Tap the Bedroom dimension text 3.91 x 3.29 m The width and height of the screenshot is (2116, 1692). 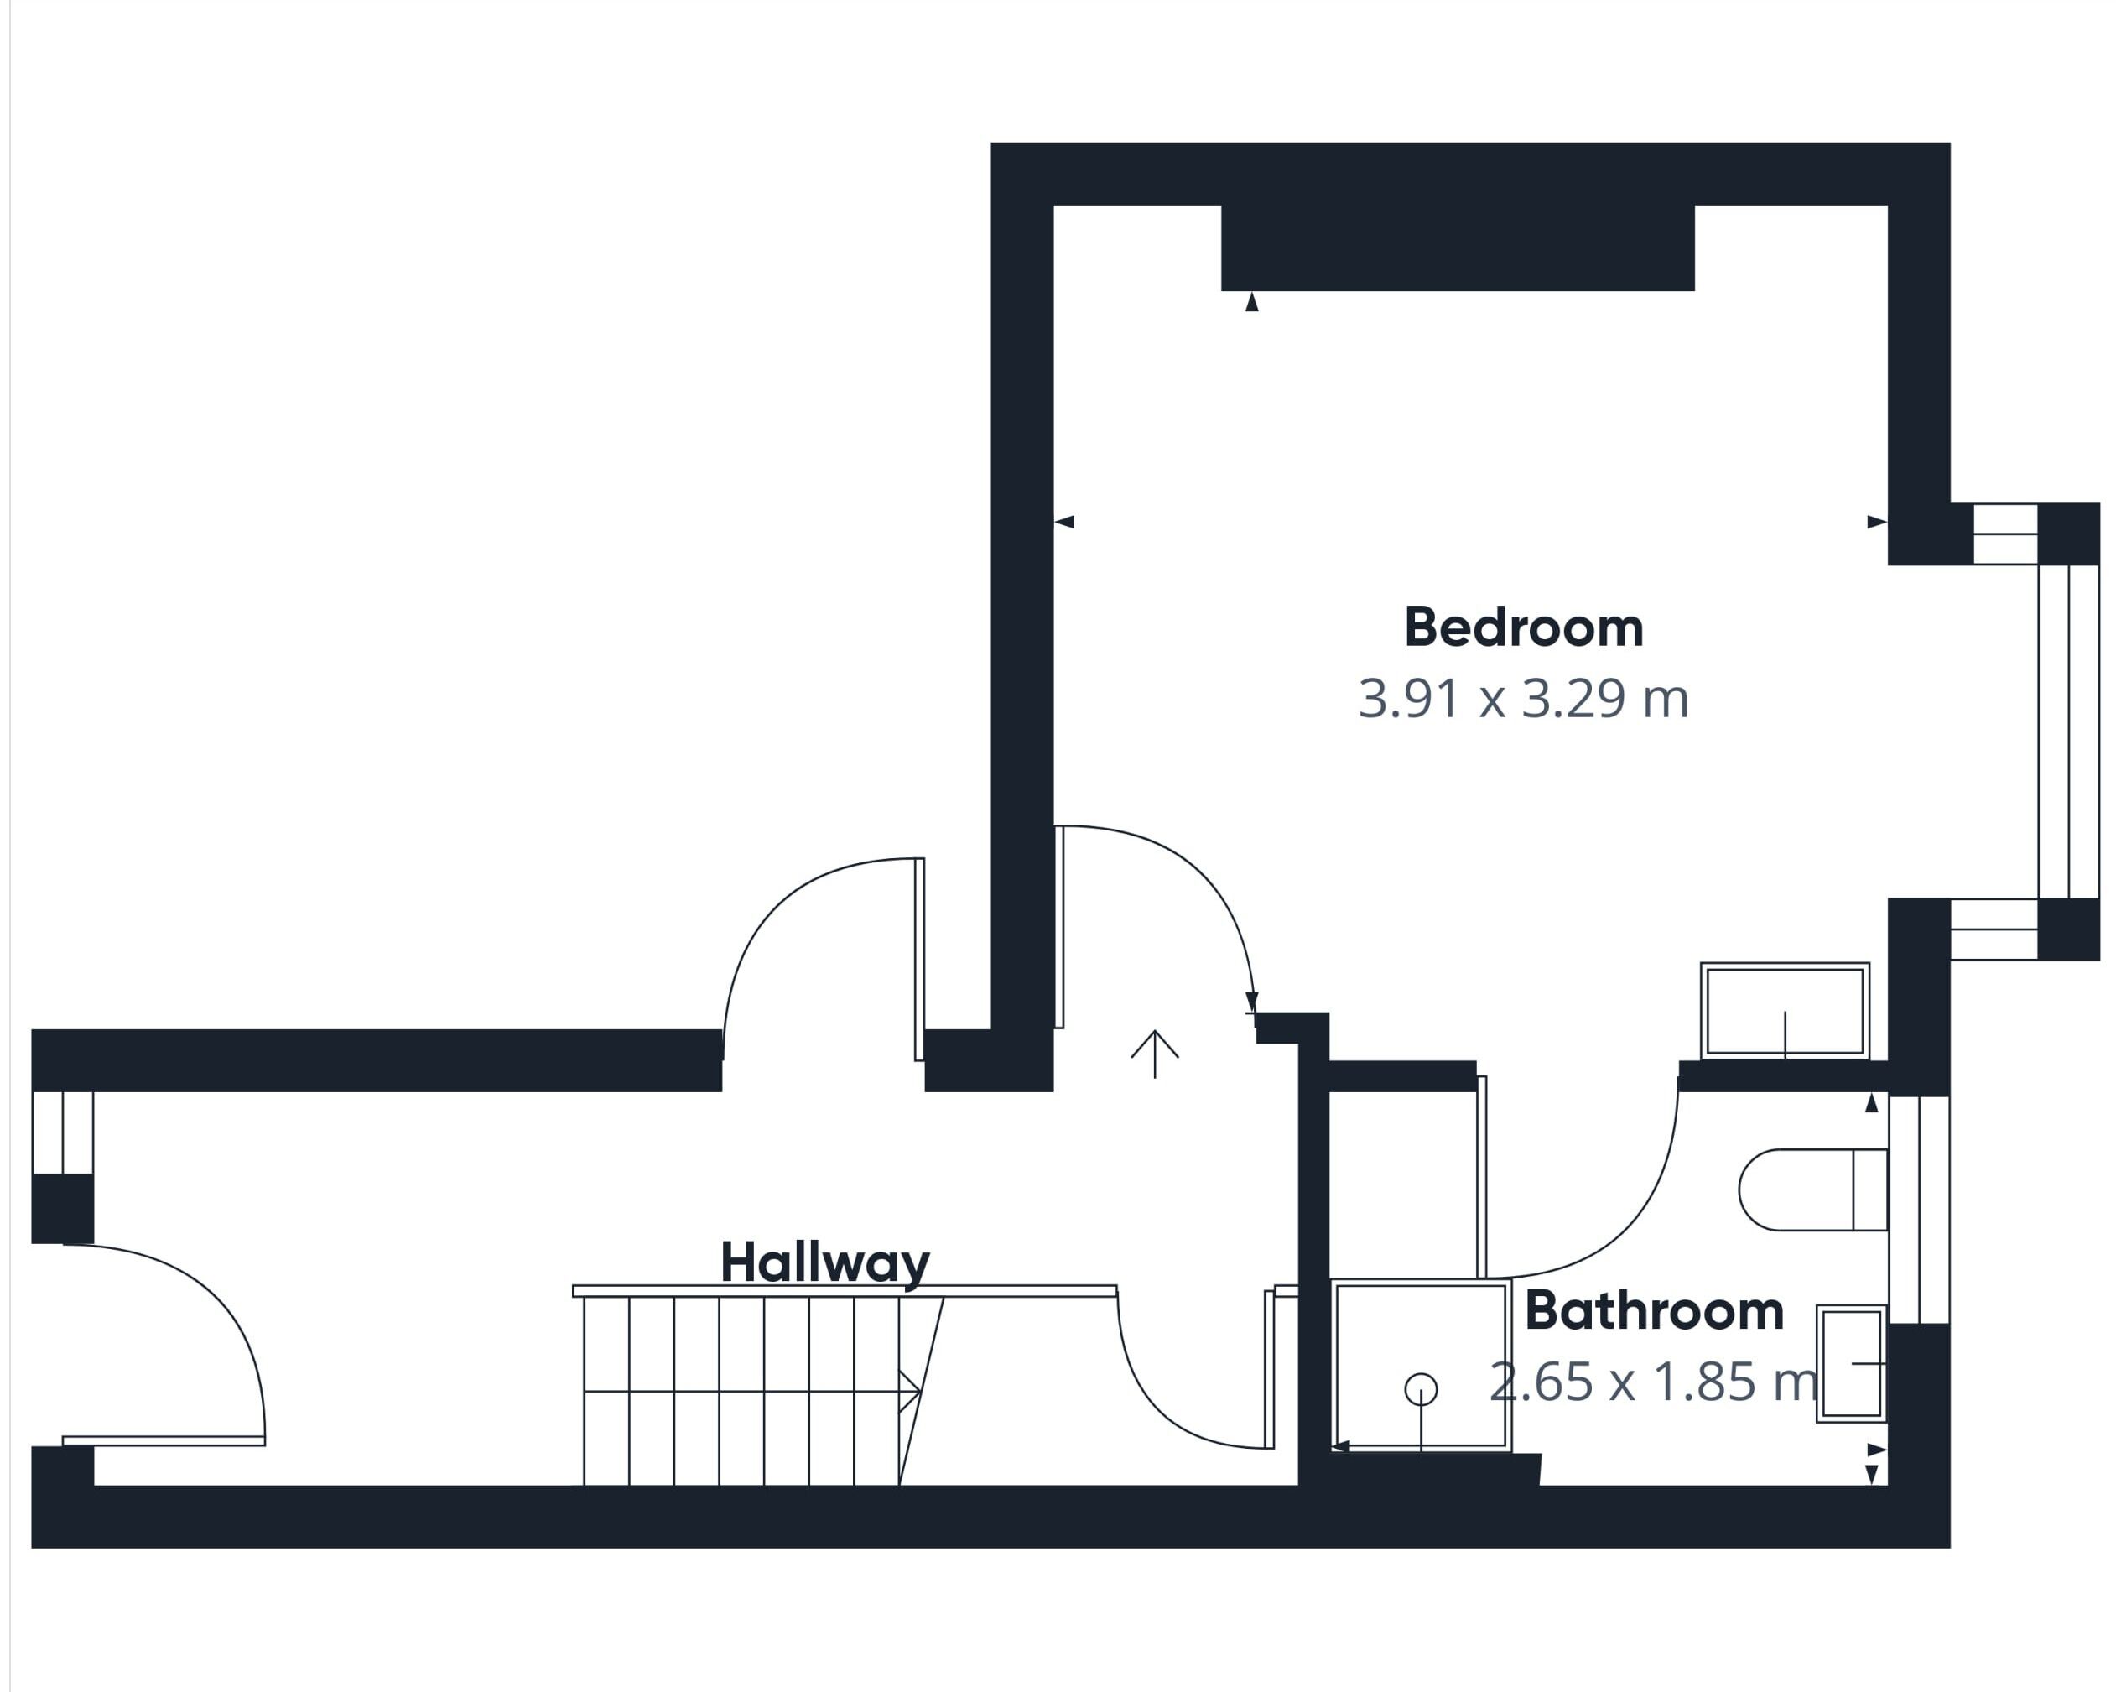coord(1523,699)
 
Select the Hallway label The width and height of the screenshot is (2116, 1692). coord(824,1263)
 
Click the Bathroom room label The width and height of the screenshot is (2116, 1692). coord(1654,1310)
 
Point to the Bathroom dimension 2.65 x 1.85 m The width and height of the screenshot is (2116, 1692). coord(1654,1382)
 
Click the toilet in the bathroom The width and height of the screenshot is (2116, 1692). coord(1812,1190)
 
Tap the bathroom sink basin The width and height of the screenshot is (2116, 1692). coord(1852,1363)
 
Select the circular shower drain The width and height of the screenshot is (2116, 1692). coord(1421,1388)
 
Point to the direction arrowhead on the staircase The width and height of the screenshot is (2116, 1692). coord(910,1391)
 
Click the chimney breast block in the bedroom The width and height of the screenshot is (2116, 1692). coord(1458,247)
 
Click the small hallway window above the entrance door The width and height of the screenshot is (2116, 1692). coord(63,1132)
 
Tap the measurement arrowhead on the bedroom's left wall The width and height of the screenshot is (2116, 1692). coord(1064,522)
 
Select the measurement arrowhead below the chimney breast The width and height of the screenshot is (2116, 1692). coord(1251,301)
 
